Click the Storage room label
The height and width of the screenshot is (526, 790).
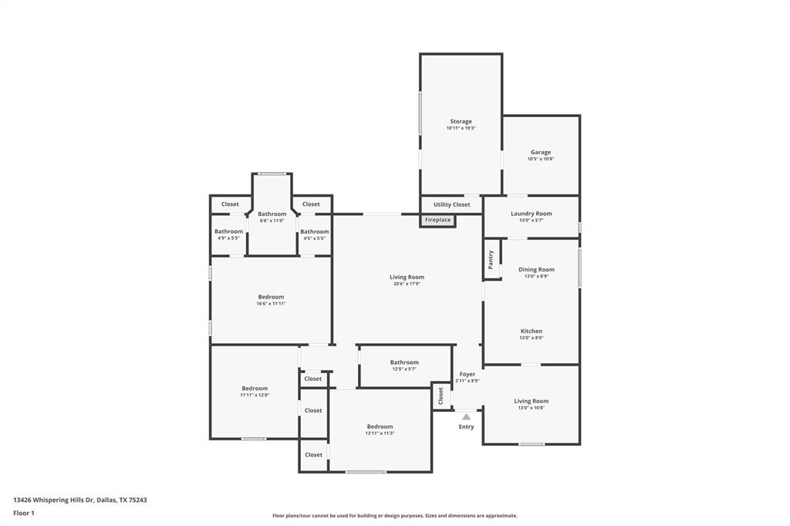tap(461, 122)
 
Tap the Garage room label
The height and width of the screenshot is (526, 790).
tap(541, 153)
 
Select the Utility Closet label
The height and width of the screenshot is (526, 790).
tap(451, 204)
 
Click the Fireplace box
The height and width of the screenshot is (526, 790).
tap(437, 221)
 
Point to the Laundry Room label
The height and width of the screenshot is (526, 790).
tap(531, 214)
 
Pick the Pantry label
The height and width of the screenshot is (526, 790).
tap(491, 260)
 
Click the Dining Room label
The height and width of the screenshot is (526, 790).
tap(536, 270)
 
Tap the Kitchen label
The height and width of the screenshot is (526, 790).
tap(531, 332)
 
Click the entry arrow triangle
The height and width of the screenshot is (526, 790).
tap(466, 416)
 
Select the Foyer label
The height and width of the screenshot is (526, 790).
tap(468, 374)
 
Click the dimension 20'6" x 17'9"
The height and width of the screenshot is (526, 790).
tap(407, 284)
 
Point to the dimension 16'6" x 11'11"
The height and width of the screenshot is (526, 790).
tap(271, 304)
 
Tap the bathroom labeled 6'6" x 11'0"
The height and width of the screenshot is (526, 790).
tap(272, 214)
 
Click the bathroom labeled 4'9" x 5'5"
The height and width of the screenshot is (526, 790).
tap(228, 231)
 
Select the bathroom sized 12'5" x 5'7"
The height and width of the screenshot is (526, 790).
tap(404, 362)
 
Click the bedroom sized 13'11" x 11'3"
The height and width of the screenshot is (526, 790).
tap(380, 427)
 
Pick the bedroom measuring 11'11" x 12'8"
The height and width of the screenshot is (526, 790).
tap(255, 389)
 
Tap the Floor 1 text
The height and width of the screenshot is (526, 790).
tap(24, 513)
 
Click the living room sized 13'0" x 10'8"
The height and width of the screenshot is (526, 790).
tap(531, 401)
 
